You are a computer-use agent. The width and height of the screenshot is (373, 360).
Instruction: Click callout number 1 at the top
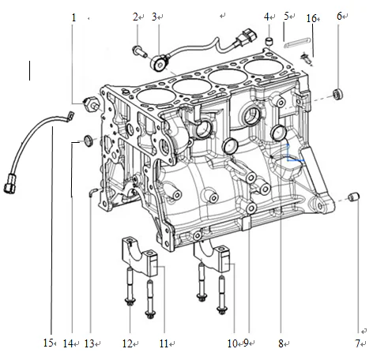pyautogui.click(x=74, y=17)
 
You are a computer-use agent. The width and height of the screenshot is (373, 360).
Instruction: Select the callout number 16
pyautogui.click(x=311, y=17)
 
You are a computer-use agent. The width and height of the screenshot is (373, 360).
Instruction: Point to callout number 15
pyautogui.click(x=48, y=343)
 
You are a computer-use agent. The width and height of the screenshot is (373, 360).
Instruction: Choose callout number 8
pyautogui.click(x=281, y=343)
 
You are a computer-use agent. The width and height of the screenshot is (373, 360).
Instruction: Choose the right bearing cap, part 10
pyautogui.click(x=213, y=257)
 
